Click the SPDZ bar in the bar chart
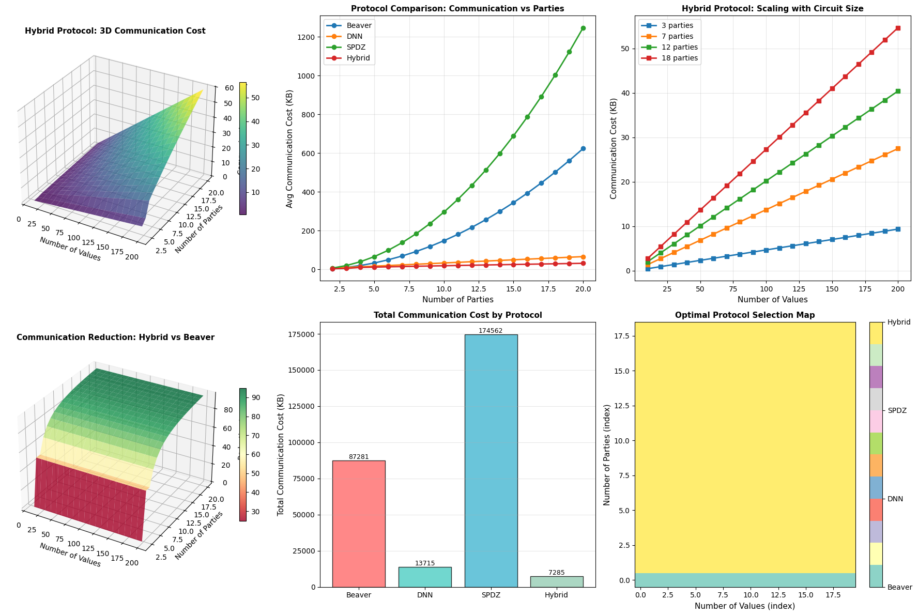tap(491, 460)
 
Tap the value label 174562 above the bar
tap(491, 331)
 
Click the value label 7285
tap(557, 573)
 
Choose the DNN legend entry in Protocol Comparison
tap(354, 36)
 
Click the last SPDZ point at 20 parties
tap(583, 28)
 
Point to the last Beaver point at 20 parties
tap(583, 148)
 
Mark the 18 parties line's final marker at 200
tap(898, 28)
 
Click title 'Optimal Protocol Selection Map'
tap(745, 315)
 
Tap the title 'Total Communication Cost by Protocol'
tap(457, 315)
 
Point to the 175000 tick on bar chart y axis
tap(302, 334)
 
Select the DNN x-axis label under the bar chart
tap(425, 595)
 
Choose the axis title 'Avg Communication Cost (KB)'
tap(289, 149)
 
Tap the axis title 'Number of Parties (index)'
tap(607, 455)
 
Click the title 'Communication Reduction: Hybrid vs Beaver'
tap(115, 337)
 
